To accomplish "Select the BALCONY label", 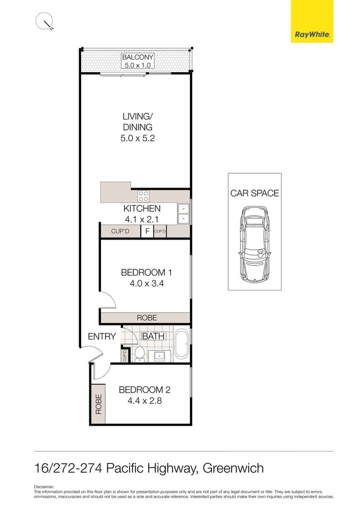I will [x=138, y=57].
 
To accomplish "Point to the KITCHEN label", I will [x=142, y=209].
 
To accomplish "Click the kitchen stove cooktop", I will [x=143, y=195].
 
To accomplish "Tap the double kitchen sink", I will [x=183, y=213].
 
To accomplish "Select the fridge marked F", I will [x=147, y=232].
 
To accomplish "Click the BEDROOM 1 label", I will [x=146, y=273].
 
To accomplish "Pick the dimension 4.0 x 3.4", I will [x=147, y=284].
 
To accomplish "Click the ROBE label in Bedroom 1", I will [x=147, y=318].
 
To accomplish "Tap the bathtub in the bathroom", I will [x=182, y=344].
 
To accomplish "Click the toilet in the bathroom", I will [x=140, y=353].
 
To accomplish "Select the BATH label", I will [x=153, y=336].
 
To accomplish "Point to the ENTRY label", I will [x=101, y=336].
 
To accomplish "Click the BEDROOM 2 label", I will [x=145, y=389].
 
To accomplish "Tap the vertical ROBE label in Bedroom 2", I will [x=98, y=404].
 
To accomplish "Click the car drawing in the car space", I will [x=254, y=244].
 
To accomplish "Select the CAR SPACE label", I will [x=254, y=193].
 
